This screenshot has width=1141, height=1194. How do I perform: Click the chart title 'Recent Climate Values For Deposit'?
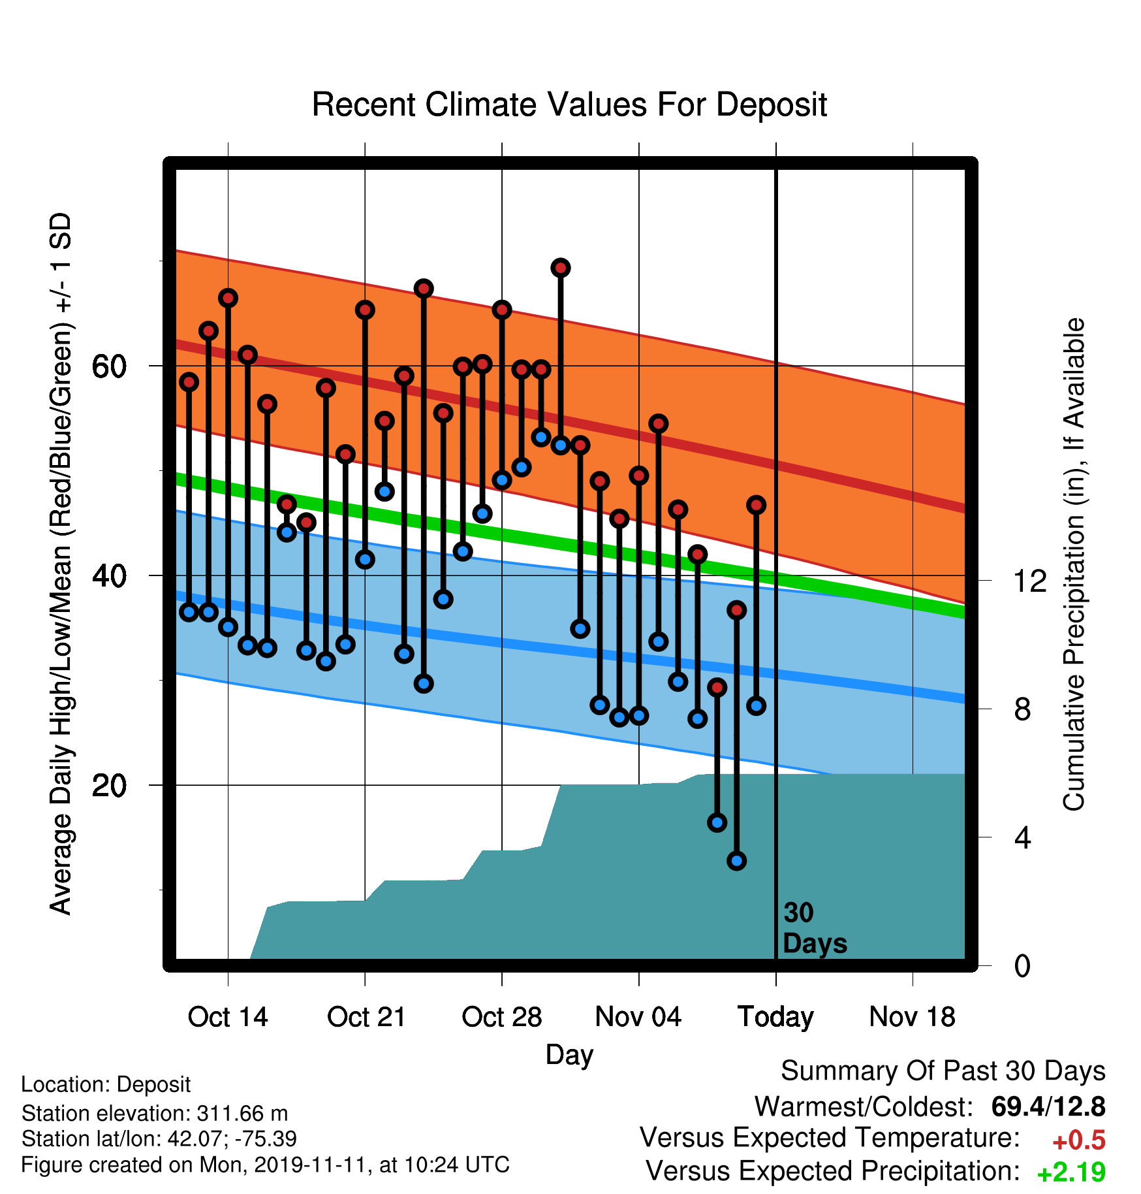click(x=569, y=105)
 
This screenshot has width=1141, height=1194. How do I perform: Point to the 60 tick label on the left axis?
click(x=109, y=367)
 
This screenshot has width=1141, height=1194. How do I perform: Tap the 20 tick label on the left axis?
click(x=109, y=786)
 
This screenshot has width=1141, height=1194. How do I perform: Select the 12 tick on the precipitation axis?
click(x=1029, y=581)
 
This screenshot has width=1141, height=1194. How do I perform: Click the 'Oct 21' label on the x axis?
click(x=366, y=1017)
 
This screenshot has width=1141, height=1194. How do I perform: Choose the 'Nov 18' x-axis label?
click(x=913, y=1017)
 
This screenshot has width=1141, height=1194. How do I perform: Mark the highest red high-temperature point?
click(x=561, y=268)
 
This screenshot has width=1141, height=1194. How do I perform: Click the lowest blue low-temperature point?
click(x=737, y=861)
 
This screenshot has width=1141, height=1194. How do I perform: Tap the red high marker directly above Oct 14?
click(x=228, y=298)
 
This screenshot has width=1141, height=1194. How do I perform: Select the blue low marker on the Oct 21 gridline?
click(x=365, y=559)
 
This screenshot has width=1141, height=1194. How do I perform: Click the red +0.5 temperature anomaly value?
click(x=1079, y=1140)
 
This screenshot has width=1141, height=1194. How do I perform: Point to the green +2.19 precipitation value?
click(x=1071, y=1172)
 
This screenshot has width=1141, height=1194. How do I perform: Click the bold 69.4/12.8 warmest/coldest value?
click(x=1048, y=1106)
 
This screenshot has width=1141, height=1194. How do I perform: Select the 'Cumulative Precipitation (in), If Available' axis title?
click(x=1074, y=564)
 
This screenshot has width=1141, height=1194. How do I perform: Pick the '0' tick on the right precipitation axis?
click(x=1022, y=965)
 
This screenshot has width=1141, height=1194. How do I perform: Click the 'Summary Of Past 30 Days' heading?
click(x=943, y=1072)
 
